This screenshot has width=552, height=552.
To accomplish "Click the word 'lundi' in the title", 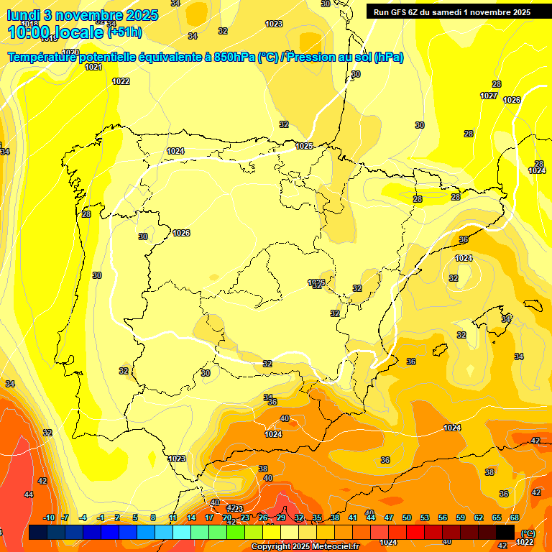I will click(x=24, y=15).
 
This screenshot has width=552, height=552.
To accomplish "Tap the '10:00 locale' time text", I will click(x=55, y=32).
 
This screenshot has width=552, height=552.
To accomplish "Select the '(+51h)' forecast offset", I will click(x=124, y=32).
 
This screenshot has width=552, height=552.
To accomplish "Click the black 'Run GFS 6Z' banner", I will click(x=451, y=11).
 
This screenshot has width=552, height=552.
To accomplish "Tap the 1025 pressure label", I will click(x=304, y=146).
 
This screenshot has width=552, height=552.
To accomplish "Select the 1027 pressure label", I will click(x=489, y=96).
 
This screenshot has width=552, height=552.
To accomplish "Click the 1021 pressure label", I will click(x=93, y=67).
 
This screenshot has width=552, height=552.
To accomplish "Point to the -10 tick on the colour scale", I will click(x=49, y=518).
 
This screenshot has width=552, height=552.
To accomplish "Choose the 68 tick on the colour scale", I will click(x=515, y=518).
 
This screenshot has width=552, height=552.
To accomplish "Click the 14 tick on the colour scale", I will click(x=191, y=518).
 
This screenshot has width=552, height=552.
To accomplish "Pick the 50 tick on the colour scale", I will click(x=407, y=518).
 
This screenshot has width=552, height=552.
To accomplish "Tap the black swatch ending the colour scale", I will click(x=505, y=532).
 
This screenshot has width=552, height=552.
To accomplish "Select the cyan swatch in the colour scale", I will click(x=182, y=532).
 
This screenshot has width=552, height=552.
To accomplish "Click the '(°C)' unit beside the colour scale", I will click(x=528, y=533).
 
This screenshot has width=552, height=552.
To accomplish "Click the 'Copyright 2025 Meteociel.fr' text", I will click(x=305, y=547).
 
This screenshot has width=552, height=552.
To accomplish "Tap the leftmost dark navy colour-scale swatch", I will click(x=38, y=532).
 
